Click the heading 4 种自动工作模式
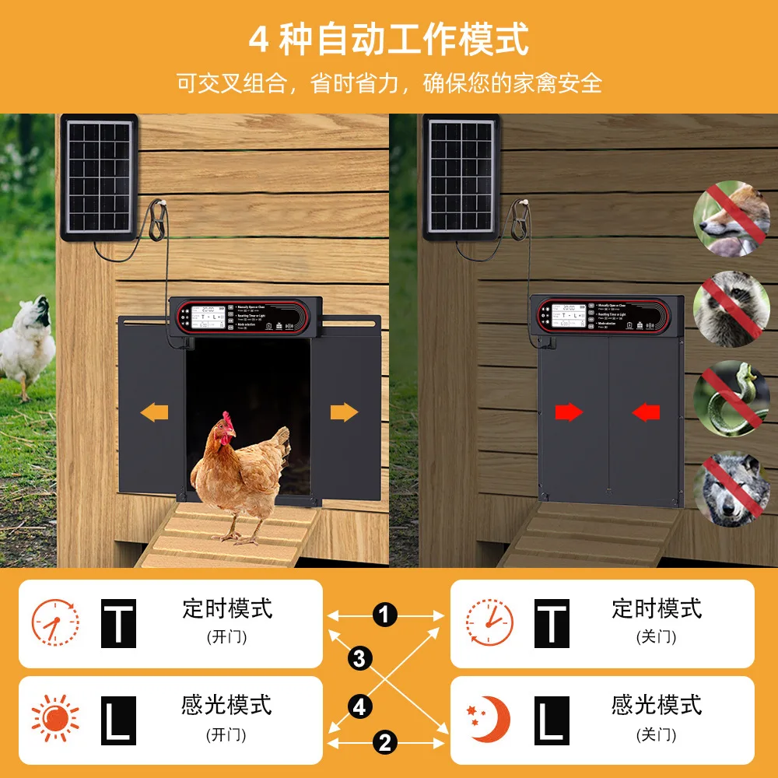pyautogui.click(x=389, y=39)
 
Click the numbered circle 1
pyautogui.click(x=384, y=615)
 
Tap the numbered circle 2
pyautogui.click(x=384, y=742)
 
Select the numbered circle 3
pyautogui.click(x=359, y=658)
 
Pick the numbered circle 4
pyautogui.click(x=359, y=707)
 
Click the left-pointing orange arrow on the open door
pyautogui.click(x=155, y=412)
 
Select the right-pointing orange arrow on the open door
pyautogui.click(x=344, y=412)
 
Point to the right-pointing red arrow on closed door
pyautogui.click(x=569, y=412)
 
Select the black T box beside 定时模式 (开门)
pyautogui.click(x=119, y=623)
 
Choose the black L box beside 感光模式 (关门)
pyautogui.click(x=552, y=720)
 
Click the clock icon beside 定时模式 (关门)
pyautogui.click(x=489, y=622)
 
